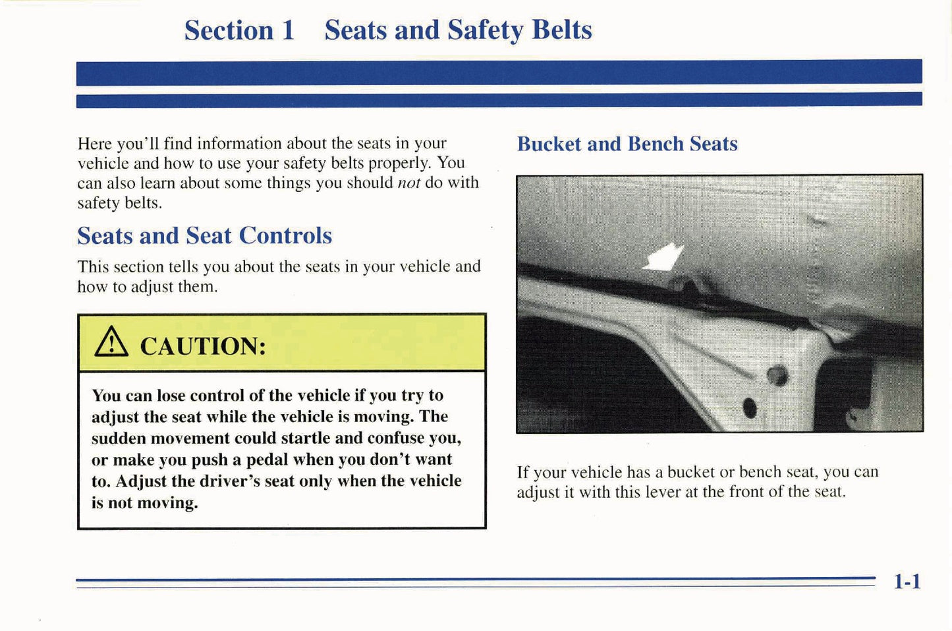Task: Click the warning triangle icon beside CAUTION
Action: tap(111, 343)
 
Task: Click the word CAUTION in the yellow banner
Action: tap(203, 346)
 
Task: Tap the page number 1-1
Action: tap(907, 581)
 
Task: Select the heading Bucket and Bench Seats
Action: tap(627, 144)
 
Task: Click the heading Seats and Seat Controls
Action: tap(204, 235)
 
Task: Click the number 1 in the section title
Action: tap(287, 30)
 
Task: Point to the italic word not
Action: tap(408, 183)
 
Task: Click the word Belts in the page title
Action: tap(561, 30)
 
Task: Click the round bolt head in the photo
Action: tap(777, 375)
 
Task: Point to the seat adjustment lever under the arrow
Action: tap(685, 287)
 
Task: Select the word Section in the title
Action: tap(229, 30)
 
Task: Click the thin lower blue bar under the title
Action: tap(499, 100)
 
